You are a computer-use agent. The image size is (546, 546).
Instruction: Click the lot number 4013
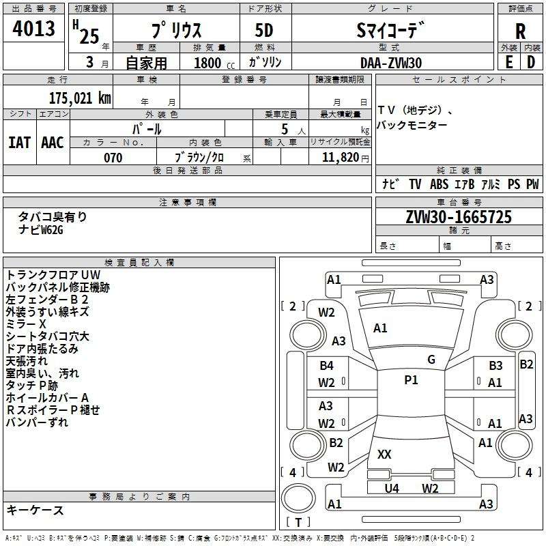coord(34,30)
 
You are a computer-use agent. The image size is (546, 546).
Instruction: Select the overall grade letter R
coord(520,31)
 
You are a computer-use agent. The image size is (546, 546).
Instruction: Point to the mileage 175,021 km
coord(80,98)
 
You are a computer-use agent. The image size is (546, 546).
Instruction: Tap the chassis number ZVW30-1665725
coord(459,217)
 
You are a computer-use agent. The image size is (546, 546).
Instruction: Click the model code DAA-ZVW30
coord(391,63)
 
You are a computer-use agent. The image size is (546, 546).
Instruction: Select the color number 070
coord(113,158)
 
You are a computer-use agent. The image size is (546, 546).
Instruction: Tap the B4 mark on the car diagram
coord(326,366)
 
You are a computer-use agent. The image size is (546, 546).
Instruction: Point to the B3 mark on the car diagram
coord(495,366)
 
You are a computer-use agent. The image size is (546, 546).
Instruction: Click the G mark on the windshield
coord(431,359)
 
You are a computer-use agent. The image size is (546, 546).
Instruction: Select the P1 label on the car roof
coord(411,380)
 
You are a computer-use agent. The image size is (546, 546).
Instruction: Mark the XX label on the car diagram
coord(384,454)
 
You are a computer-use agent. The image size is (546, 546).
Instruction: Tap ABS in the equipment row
coord(439,184)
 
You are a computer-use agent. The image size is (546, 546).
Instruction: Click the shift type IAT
coord(19,143)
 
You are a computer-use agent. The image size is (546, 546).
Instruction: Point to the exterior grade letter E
coord(508,62)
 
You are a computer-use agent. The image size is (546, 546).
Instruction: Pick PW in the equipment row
coord(532,184)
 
